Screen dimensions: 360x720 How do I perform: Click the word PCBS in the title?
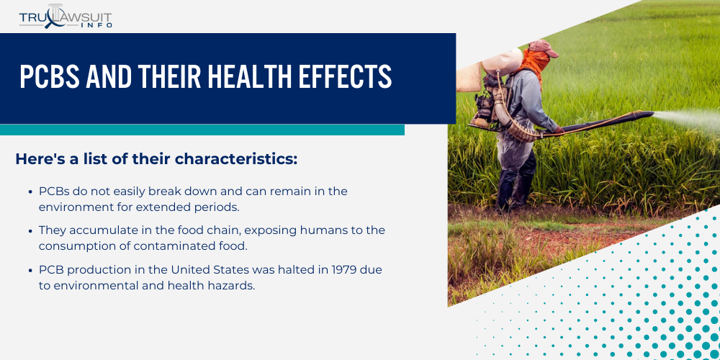point(47,76)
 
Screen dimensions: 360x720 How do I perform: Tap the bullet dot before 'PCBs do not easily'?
point(30,192)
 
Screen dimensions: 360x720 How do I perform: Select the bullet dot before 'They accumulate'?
point(30,231)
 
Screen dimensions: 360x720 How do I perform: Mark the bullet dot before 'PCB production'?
point(30,270)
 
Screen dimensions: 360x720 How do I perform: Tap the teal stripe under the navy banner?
point(202,130)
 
